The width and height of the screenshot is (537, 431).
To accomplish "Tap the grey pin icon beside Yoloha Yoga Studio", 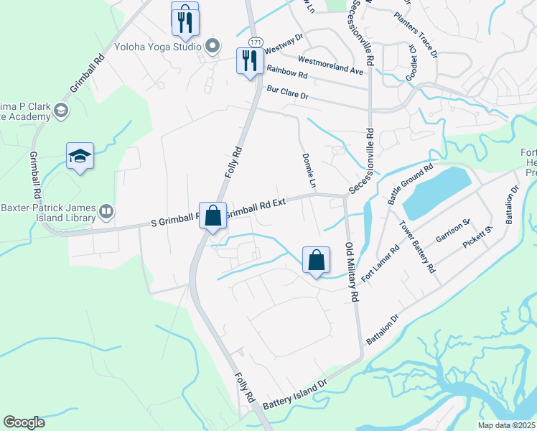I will [x=212, y=47].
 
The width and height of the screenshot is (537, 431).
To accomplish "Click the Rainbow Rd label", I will [x=286, y=72].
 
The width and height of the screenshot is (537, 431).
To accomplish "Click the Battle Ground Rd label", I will [x=409, y=184].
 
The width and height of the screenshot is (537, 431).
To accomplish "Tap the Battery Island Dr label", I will [x=294, y=396].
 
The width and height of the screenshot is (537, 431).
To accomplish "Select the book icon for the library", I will [x=106, y=210].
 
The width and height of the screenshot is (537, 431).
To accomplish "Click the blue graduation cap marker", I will [x=80, y=155].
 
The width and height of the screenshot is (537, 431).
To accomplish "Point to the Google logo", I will [x=24, y=422].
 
